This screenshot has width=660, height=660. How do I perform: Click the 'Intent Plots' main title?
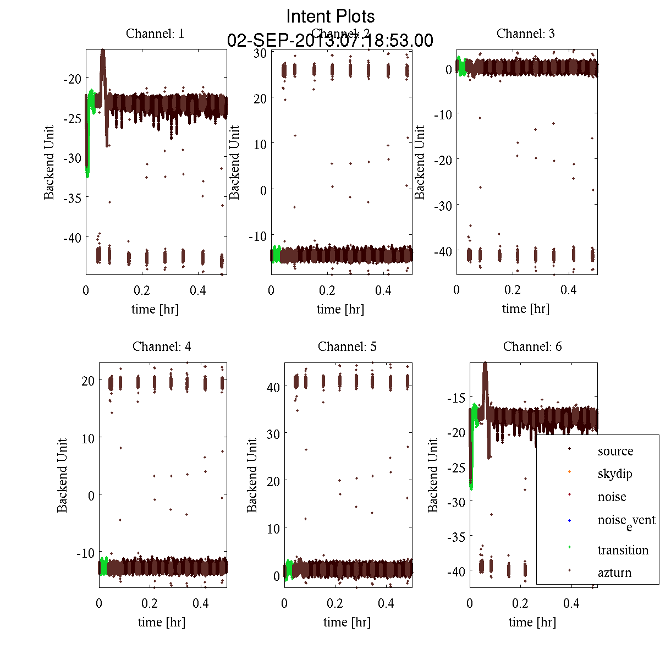point(331,16)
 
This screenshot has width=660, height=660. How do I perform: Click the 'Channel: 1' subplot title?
point(155,34)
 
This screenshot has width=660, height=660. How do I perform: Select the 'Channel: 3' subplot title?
point(525,34)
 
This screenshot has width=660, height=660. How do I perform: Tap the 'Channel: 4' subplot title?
point(162,346)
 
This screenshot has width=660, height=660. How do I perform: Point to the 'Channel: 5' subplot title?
point(347,346)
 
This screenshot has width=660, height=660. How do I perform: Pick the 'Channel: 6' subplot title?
point(532,346)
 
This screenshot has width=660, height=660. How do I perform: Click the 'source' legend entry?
point(615,451)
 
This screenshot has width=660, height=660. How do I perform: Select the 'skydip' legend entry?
point(615,474)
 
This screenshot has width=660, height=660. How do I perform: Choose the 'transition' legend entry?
point(623,550)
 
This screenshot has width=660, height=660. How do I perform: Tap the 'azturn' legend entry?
point(614,573)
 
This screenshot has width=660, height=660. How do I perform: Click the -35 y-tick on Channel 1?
point(72,198)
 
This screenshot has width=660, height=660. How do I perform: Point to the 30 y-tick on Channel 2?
point(260,53)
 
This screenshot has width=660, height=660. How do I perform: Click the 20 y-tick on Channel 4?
point(88,381)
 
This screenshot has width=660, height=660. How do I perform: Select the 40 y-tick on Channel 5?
point(273,387)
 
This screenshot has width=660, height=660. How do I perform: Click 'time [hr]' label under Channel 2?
point(340,309)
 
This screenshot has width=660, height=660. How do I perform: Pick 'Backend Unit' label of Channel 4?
point(62,475)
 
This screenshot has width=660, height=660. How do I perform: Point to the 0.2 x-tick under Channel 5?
point(335,603)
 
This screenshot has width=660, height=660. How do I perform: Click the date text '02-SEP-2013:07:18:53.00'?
point(330,41)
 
